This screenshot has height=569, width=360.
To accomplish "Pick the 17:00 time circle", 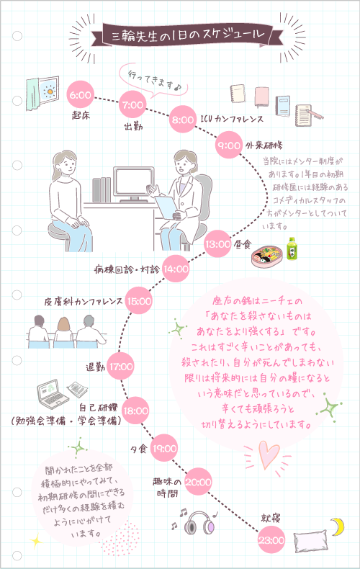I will pyautogui.click(x=121, y=367).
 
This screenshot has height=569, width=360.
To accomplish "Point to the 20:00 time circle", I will pyautogui.click(x=199, y=482).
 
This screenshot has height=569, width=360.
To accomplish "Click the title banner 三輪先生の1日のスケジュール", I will pyautogui.click(x=180, y=35).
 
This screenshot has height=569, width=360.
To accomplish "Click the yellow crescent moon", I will pyautogui.click(x=336, y=526).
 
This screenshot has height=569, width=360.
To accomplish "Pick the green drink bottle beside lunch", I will pyautogui.click(x=292, y=248).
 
